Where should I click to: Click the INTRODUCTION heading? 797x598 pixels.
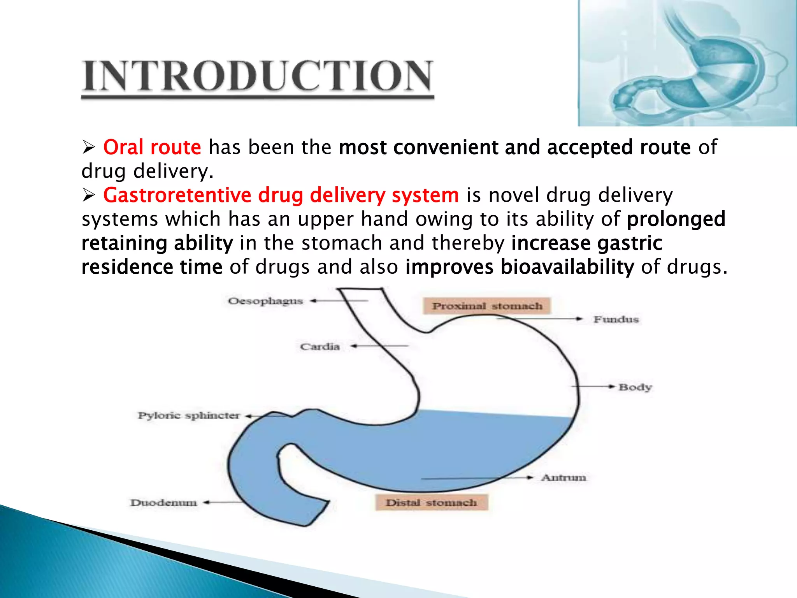click(257, 76)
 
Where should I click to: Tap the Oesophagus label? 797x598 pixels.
click(265, 301)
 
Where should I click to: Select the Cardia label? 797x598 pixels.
click(320, 346)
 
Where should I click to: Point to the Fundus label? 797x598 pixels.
click(616, 320)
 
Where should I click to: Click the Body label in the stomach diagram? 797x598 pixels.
click(635, 387)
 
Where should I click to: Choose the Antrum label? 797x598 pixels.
click(564, 478)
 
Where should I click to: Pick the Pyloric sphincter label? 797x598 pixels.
click(189, 416)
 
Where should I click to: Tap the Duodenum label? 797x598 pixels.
click(163, 503)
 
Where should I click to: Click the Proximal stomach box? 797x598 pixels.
click(487, 306)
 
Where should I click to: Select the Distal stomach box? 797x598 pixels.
click(431, 503)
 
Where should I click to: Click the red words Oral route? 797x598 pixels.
click(152, 148)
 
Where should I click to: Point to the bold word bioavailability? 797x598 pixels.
click(567, 267)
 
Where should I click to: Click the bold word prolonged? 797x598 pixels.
click(676, 219)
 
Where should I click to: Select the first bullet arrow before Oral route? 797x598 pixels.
click(89, 148)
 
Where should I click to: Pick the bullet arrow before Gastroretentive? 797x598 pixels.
click(89, 195)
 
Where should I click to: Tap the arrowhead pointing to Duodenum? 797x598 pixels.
click(207, 503)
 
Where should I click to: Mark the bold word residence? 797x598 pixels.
click(127, 267)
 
